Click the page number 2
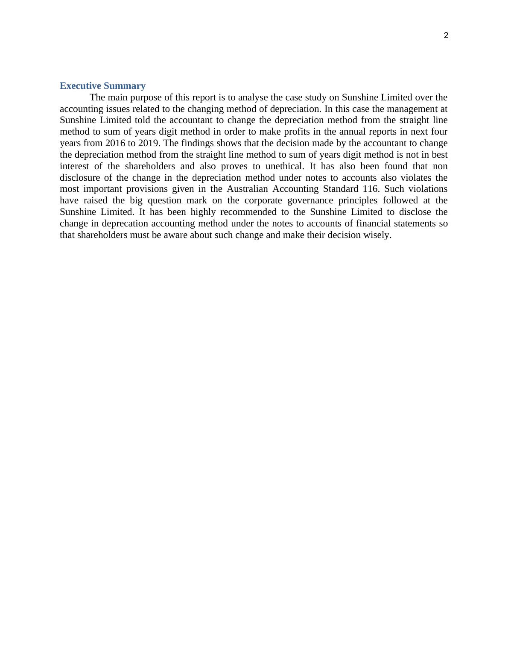click(446, 36)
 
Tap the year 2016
click(115, 143)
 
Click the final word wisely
click(378, 235)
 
